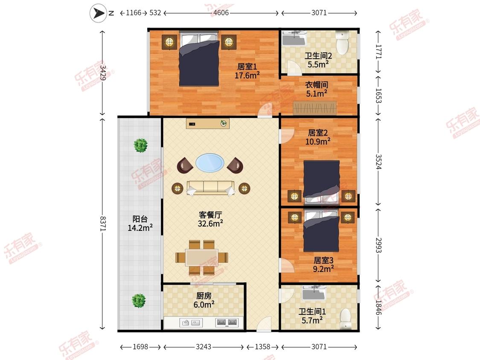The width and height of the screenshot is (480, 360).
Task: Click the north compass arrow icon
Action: point(98,13)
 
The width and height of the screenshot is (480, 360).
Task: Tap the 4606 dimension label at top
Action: point(221,13)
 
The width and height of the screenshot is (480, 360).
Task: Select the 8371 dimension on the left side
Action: point(103,224)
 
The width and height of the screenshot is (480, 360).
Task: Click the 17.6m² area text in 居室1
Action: point(247,75)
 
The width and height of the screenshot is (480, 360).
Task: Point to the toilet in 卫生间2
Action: point(342,42)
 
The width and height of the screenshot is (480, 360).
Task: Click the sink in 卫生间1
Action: point(314,293)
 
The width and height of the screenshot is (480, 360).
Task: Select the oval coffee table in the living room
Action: point(209,163)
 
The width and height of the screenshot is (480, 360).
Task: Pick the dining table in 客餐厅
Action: point(201,258)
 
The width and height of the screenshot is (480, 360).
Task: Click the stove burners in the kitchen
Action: point(227,322)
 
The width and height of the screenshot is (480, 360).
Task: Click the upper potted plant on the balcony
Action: point(140,145)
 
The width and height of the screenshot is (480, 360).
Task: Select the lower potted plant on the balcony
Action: point(139,301)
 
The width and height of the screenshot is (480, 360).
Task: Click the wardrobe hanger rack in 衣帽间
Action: point(314,108)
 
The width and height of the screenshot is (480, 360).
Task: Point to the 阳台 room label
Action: point(140,219)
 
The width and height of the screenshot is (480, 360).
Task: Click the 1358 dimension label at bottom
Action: point(262,347)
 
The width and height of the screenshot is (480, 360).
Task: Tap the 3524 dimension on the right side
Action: point(379,162)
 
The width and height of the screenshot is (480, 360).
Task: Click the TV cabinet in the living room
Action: point(207,124)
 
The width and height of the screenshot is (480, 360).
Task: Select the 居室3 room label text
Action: point(323,260)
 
